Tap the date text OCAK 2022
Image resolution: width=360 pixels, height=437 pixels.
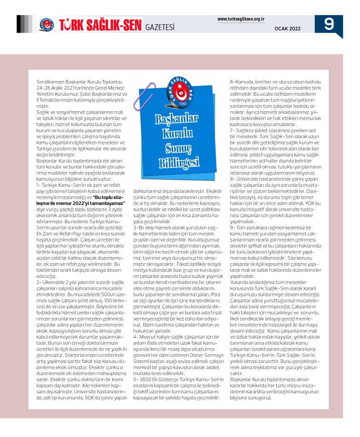[287, 29]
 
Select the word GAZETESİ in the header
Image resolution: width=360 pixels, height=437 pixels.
[160, 27]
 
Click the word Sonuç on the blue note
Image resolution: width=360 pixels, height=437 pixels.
[178, 148]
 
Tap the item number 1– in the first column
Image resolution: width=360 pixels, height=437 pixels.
[39, 172]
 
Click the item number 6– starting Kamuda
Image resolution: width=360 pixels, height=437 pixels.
[232, 82]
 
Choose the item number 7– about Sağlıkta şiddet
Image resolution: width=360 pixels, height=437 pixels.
[232, 130]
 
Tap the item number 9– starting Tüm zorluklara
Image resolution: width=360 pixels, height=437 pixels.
[232, 227]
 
